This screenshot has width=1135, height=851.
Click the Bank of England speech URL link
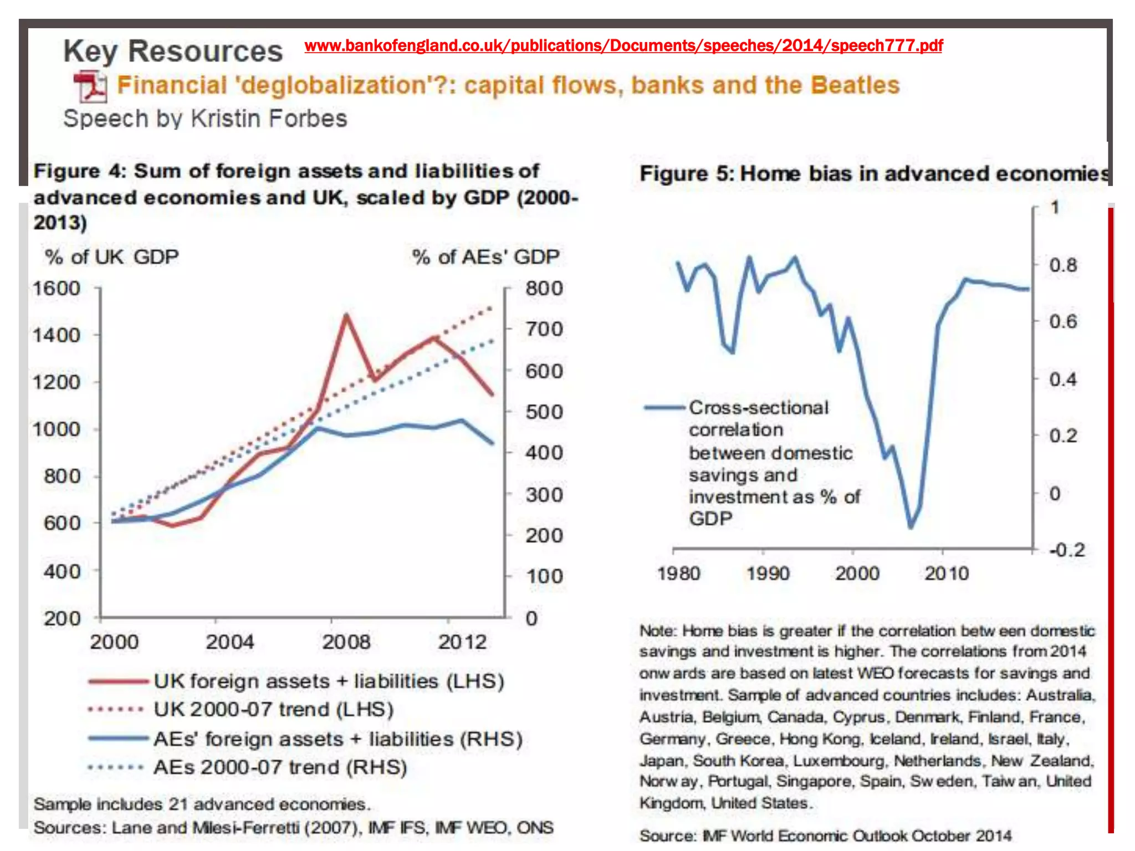(x=623, y=45)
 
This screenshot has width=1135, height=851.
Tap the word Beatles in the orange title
(x=855, y=85)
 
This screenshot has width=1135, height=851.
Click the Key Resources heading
(x=173, y=51)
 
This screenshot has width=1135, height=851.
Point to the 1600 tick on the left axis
(x=57, y=288)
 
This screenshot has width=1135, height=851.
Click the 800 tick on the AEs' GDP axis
(x=544, y=288)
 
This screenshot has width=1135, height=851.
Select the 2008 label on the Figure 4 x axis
(x=346, y=642)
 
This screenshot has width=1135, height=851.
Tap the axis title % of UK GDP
(x=111, y=257)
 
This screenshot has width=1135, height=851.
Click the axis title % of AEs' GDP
(x=485, y=257)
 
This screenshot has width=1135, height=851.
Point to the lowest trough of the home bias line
(x=911, y=526)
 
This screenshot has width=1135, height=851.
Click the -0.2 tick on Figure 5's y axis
(x=1066, y=550)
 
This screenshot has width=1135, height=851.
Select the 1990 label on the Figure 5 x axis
(x=768, y=573)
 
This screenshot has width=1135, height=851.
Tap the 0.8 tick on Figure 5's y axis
(x=1062, y=265)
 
